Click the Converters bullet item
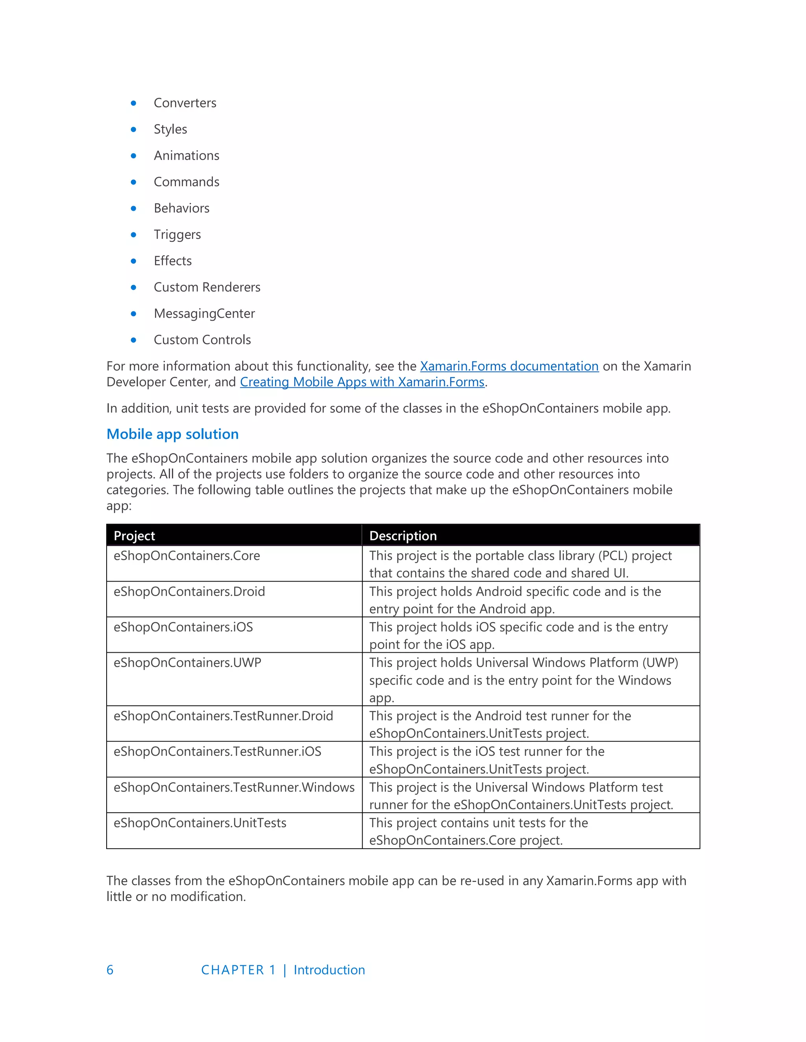point(185,103)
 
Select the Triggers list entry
point(177,235)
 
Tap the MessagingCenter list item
point(204,313)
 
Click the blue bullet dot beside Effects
point(134,261)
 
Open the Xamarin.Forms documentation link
point(509,366)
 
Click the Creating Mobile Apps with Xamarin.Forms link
point(362,382)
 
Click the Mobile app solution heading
point(172,434)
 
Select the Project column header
point(134,536)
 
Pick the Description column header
point(403,536)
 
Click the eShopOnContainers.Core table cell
point(187,556)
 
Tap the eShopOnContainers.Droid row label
point(189,592)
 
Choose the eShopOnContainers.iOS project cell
point(183,627)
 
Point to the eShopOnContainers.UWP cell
point(187,663)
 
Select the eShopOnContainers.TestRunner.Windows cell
point(234,787)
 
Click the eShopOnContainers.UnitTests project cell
point(200,823)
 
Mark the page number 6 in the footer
point(110,970)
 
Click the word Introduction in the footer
point(329,970)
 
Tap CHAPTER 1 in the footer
point(238,970)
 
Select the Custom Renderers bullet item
point(207,287)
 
